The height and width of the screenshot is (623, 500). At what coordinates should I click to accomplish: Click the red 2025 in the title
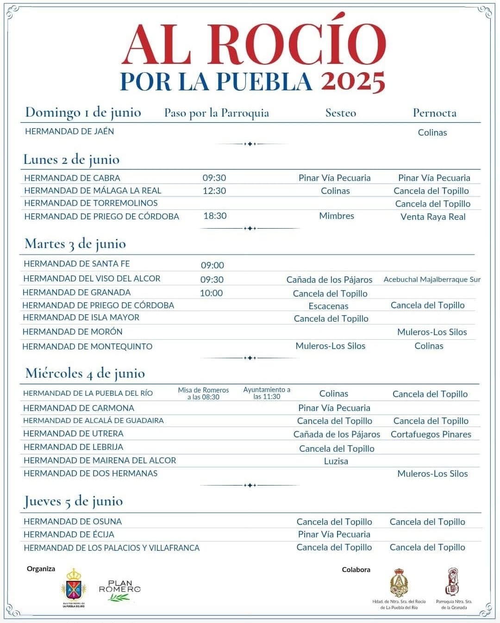click(353, 81)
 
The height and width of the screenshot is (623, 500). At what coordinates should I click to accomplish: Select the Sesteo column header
click(341, 113)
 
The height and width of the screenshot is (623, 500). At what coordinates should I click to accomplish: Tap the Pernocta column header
click(434, 113)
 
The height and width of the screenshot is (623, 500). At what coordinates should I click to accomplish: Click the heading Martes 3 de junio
click(75, 244)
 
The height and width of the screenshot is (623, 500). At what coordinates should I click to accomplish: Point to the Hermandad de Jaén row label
click(69, 131)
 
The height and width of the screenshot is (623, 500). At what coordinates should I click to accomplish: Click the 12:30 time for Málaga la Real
click(214, 191)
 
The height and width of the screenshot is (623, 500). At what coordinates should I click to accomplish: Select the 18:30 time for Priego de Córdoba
click(215, 216)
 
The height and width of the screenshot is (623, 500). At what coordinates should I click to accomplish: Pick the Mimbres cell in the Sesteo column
click(337, 216)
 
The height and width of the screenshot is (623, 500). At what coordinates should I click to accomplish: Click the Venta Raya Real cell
click(433, 217)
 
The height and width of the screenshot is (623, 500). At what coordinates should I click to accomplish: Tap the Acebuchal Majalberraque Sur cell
click(432, 280)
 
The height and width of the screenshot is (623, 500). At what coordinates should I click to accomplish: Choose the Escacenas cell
click(328, 306)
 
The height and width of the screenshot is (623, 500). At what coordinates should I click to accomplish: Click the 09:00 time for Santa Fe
click(212, 265)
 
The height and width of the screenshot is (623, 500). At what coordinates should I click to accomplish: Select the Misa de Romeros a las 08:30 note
click(203, 393)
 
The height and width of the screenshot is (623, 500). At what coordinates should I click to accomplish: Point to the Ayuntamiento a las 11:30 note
click(267, 393)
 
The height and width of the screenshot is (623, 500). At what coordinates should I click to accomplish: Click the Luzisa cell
click(336, 461)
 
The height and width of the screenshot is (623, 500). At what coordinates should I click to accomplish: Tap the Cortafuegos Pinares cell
click(431, 434)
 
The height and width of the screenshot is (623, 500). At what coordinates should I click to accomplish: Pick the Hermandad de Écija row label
click(69, 534)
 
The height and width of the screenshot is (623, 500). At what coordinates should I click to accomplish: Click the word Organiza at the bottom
click(41, 569)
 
